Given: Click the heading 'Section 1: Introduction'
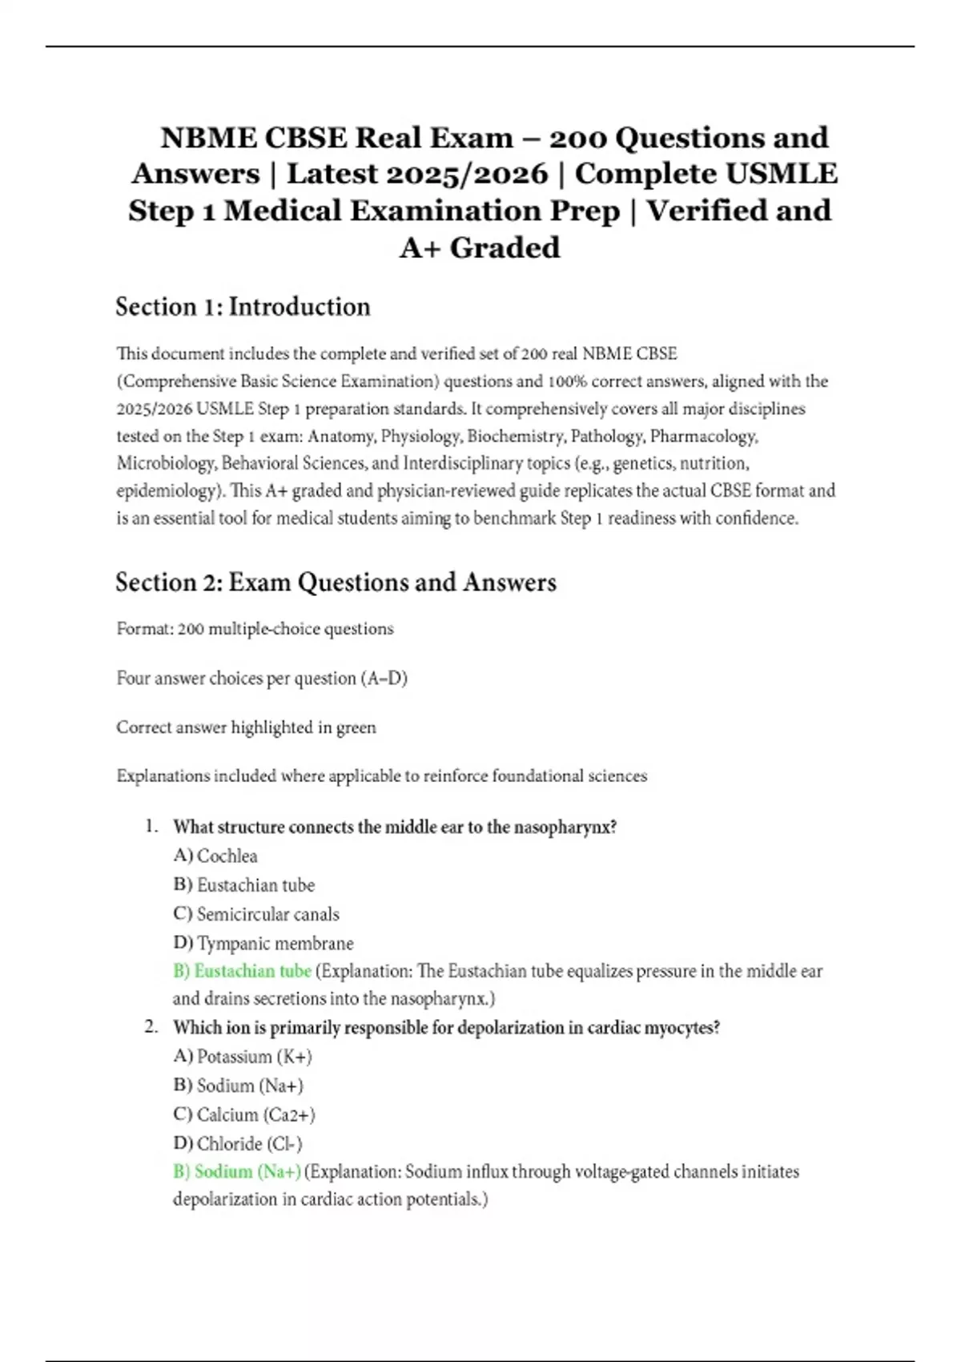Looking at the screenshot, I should (x=243, y=307).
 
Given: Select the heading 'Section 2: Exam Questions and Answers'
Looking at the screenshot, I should (x=336, y=582).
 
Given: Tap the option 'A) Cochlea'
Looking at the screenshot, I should (x=215, y=856).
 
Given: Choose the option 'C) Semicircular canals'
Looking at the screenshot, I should (x=256, y=914).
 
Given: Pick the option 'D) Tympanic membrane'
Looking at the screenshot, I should (x=263, y=943).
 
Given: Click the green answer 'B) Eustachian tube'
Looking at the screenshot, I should (x=242, y=971).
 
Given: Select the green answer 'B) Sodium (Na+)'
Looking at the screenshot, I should (x=237, y=1171).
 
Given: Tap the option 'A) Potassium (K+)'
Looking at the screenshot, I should (x=243, y=1057).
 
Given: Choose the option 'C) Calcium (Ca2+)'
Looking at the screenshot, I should (x=244, y=1114).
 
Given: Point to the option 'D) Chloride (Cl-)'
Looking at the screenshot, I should (x=238, y=1143).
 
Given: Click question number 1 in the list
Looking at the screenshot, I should (x=151, y=826).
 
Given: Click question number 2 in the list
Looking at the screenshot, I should (x=151, y=1026).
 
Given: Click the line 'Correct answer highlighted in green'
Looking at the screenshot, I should (x=246, y=727).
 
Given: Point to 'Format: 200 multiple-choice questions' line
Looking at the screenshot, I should (x=255, y=629).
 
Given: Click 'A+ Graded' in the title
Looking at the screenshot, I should (x=480, y=248).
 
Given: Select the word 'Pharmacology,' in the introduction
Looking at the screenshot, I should (x=704, y=437).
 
